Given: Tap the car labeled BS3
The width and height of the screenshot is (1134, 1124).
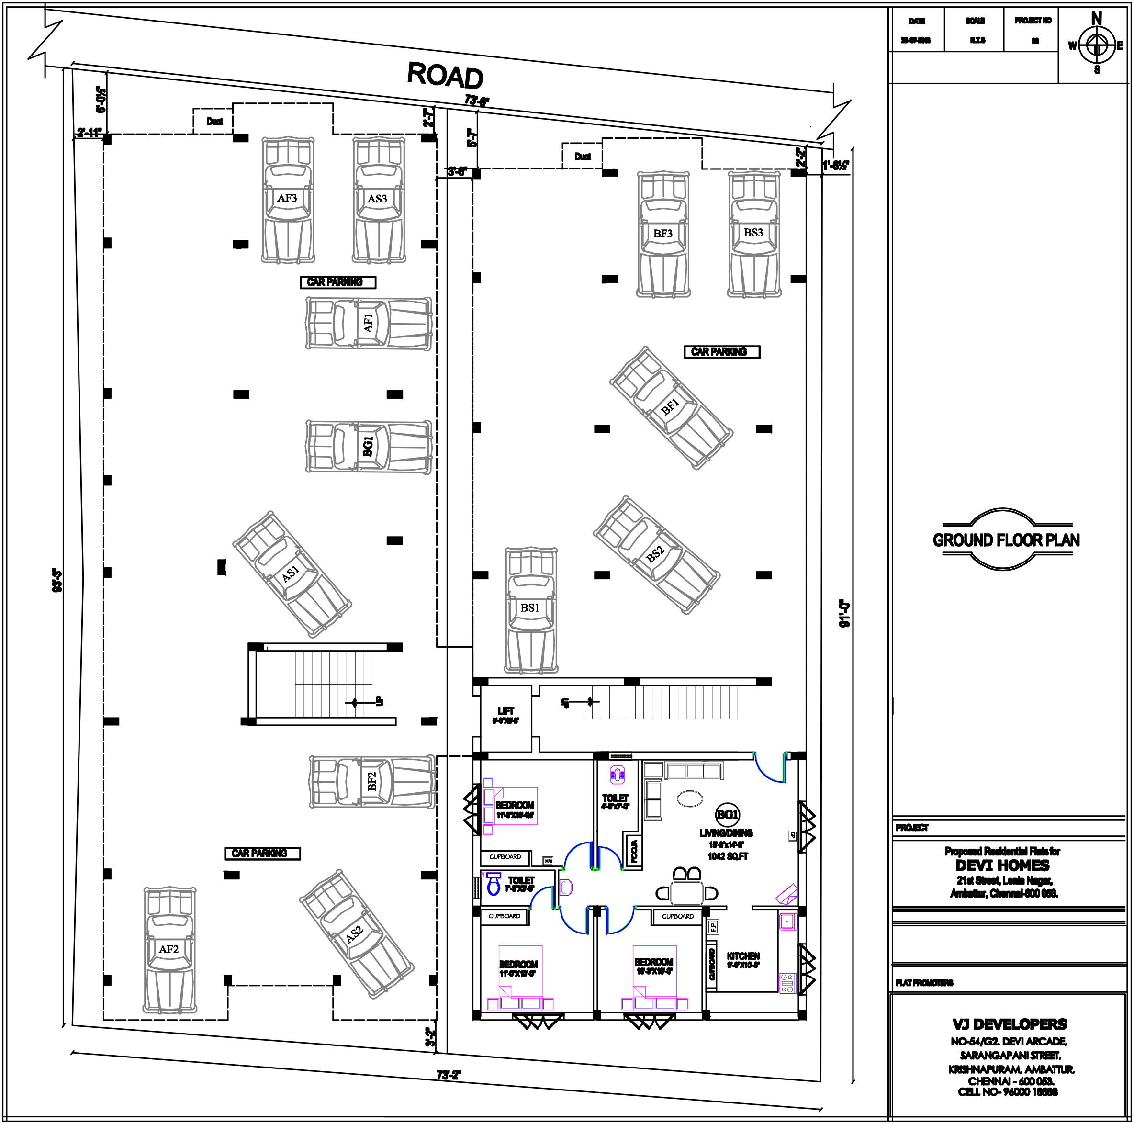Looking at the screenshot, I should click(753, 234).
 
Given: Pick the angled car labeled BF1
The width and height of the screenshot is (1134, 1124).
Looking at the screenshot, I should click(671, 407).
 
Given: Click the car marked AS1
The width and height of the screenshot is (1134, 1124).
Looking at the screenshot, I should click(292, 574).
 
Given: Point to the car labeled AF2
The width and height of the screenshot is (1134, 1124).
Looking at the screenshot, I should click(169, 950).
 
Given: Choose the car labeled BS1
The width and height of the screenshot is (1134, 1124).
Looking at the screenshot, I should click(530, 609).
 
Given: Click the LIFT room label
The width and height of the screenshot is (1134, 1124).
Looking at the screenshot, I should click(505, 711).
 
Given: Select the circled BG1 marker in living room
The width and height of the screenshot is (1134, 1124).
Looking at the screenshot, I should click(727, 815).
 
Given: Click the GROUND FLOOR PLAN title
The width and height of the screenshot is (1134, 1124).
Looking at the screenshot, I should click(1006, 540).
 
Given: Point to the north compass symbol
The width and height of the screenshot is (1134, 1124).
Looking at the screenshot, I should click(1096, 45).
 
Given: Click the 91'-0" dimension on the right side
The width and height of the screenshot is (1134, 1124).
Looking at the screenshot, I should click(844, 613).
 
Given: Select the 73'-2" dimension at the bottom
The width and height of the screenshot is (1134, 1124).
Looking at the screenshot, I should click(449, 1075).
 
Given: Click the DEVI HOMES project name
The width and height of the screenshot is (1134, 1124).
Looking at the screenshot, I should click(1002, 866).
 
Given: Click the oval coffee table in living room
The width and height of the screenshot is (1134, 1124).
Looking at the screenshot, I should click(690, 798).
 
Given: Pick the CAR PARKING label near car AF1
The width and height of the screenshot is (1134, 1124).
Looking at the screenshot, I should click(337, 282).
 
